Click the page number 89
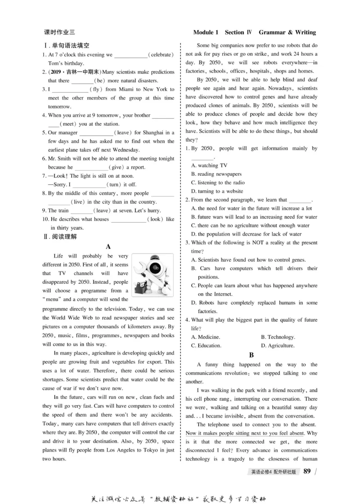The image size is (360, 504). (308, 471)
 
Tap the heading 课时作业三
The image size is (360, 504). (60, 32)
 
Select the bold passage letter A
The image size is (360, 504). (108, 246)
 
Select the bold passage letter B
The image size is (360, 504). (252, 355)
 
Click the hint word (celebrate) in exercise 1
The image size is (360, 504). (161, 55)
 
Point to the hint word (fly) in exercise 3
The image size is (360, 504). (97, 89)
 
